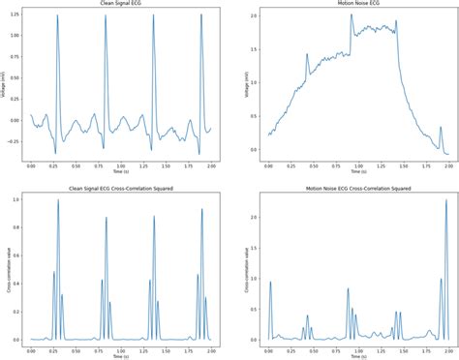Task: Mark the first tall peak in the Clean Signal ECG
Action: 57,16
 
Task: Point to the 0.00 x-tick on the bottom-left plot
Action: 32,349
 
